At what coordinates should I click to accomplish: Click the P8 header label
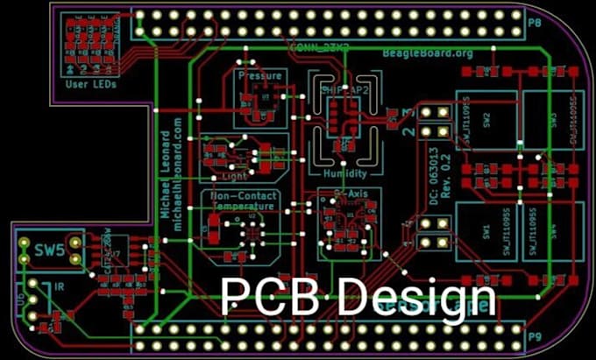533,18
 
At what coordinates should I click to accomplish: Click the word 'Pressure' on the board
260,76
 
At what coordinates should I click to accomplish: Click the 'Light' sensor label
236,174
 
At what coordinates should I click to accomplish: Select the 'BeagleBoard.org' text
427,53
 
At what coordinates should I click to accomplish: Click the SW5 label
49,251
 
